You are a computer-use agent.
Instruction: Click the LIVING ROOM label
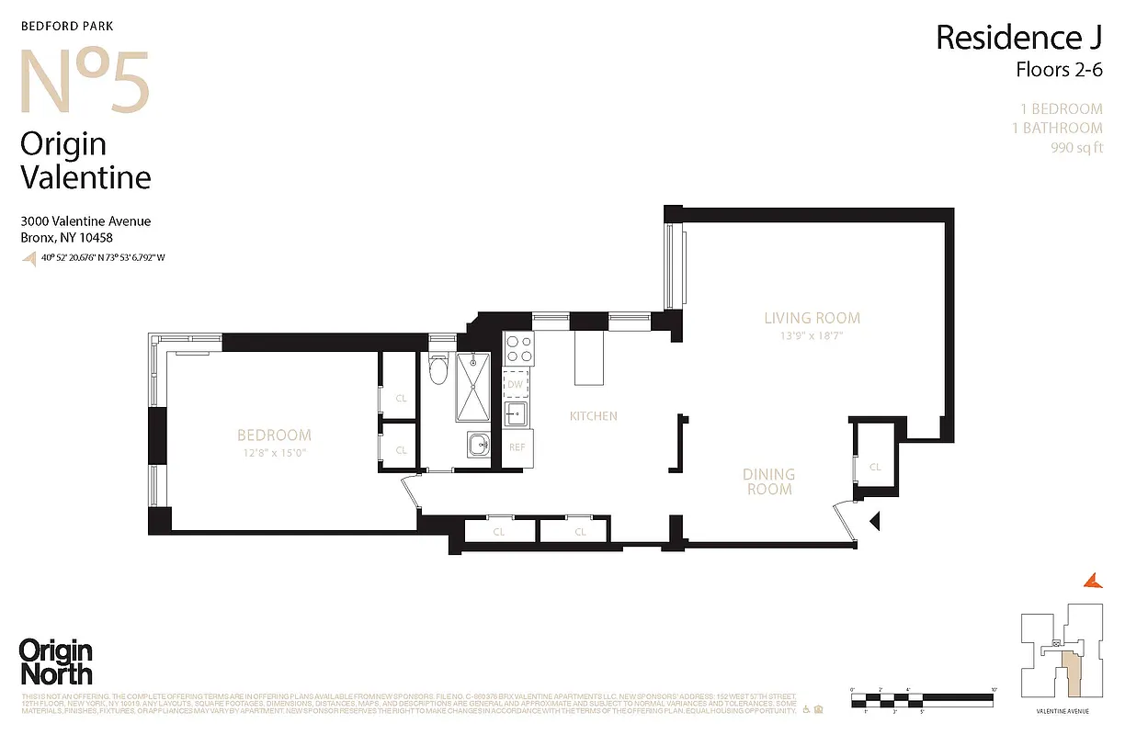click(x=812, y=319)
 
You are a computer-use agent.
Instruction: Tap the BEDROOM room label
click(x=274, y=435)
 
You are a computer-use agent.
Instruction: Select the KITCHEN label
click(x=593, y=416)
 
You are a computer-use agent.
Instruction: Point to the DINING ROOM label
click(x=769, y=481)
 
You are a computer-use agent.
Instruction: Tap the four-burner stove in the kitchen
click(x=518, y=349)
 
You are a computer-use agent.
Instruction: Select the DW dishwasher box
click(x=516, y=384)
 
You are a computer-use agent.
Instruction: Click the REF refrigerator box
click(x=517, y=447)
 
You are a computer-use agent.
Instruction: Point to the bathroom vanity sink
click(x=478, y=447)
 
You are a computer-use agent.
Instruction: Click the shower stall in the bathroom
click(x=475, y=388)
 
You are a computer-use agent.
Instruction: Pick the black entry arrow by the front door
click(x=875, y=522)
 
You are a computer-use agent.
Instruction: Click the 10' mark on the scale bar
click(x=994, y=689)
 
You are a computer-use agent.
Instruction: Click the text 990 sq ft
click(x=1076, y=148)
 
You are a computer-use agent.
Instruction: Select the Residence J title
click(x=1018, y=39)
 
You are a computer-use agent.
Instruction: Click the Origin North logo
click(x=56, y=661)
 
